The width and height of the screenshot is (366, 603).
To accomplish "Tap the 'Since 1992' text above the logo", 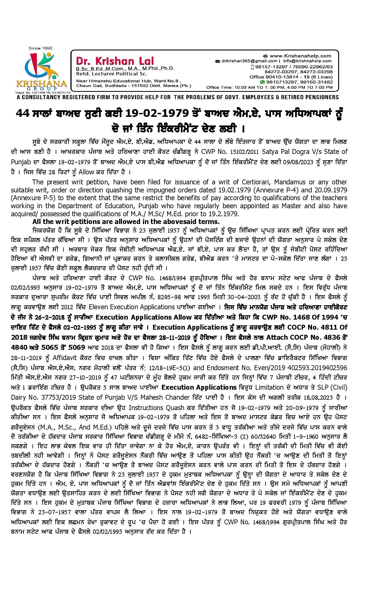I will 39,48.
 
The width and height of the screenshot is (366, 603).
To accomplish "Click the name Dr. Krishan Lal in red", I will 115,61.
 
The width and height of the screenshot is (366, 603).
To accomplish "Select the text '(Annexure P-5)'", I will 28,198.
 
